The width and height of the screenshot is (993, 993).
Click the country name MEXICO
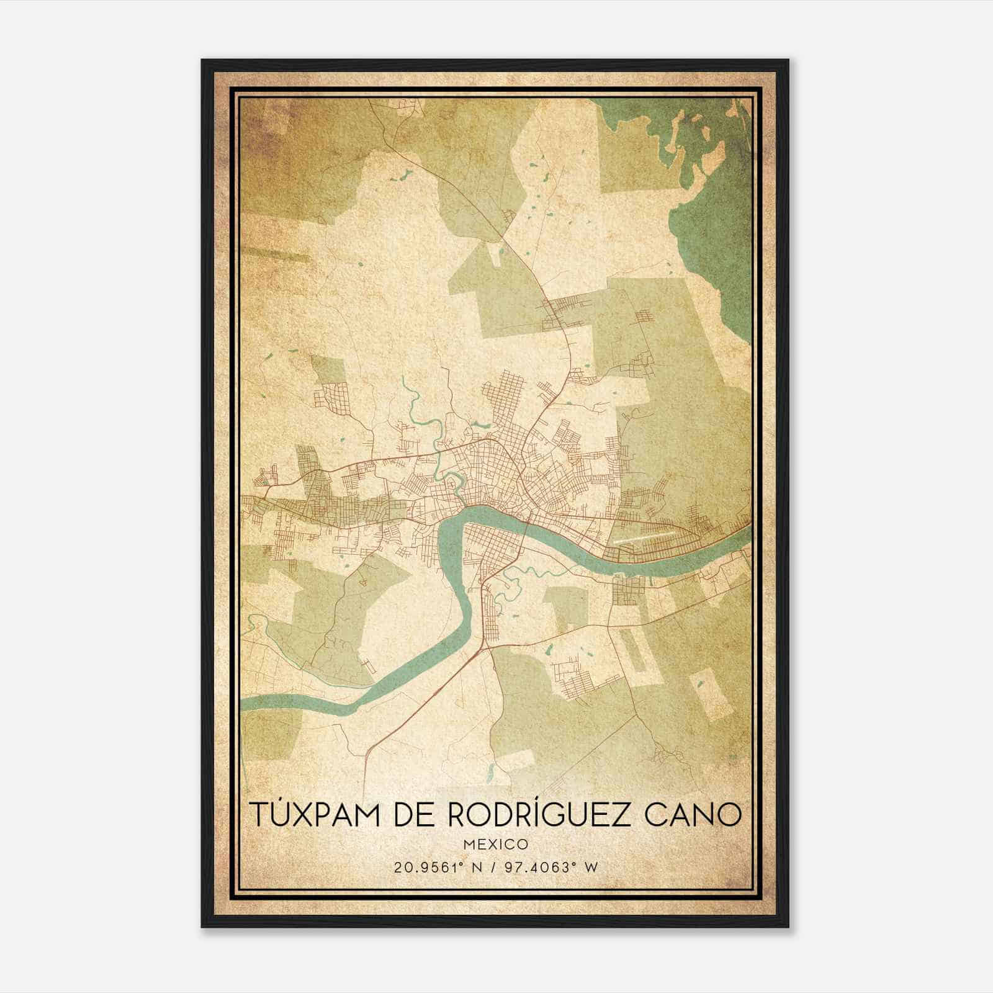click(495, 844)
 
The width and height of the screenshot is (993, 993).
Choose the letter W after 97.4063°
click(591, 867)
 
